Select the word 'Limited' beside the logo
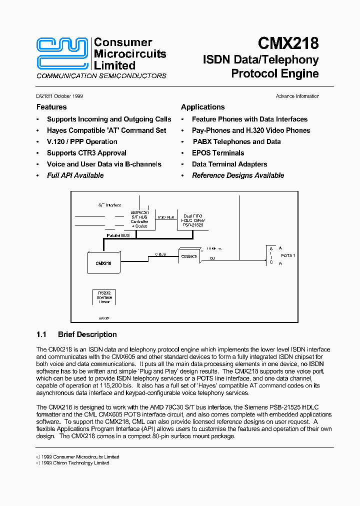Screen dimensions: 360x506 click(x=114, y=65)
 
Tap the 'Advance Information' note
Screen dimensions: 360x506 click(x=297, y=96)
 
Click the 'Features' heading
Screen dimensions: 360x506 click(x=51, y=107)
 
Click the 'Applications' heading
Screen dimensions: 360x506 click(x=202, y=107)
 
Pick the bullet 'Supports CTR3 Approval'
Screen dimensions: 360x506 click(x=86, y=153)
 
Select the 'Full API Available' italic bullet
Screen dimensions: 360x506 click(x=75, y=175)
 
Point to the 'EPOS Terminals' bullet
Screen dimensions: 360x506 click(x=218, y=153)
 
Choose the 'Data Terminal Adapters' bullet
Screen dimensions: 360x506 click(x=229, y=164)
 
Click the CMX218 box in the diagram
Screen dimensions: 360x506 click(x=103, y=263)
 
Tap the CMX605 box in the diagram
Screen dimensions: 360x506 click(x=189, y=256)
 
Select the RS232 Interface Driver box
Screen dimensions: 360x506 click(x=104, y=297)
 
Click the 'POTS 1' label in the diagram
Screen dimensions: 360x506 click(x=288, y=255)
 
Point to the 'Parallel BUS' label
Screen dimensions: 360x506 click(x=118, y=235)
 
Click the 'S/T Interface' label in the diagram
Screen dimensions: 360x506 click(x=109, y=205)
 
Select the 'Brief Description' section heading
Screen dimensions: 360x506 click(x=87, y=334)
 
